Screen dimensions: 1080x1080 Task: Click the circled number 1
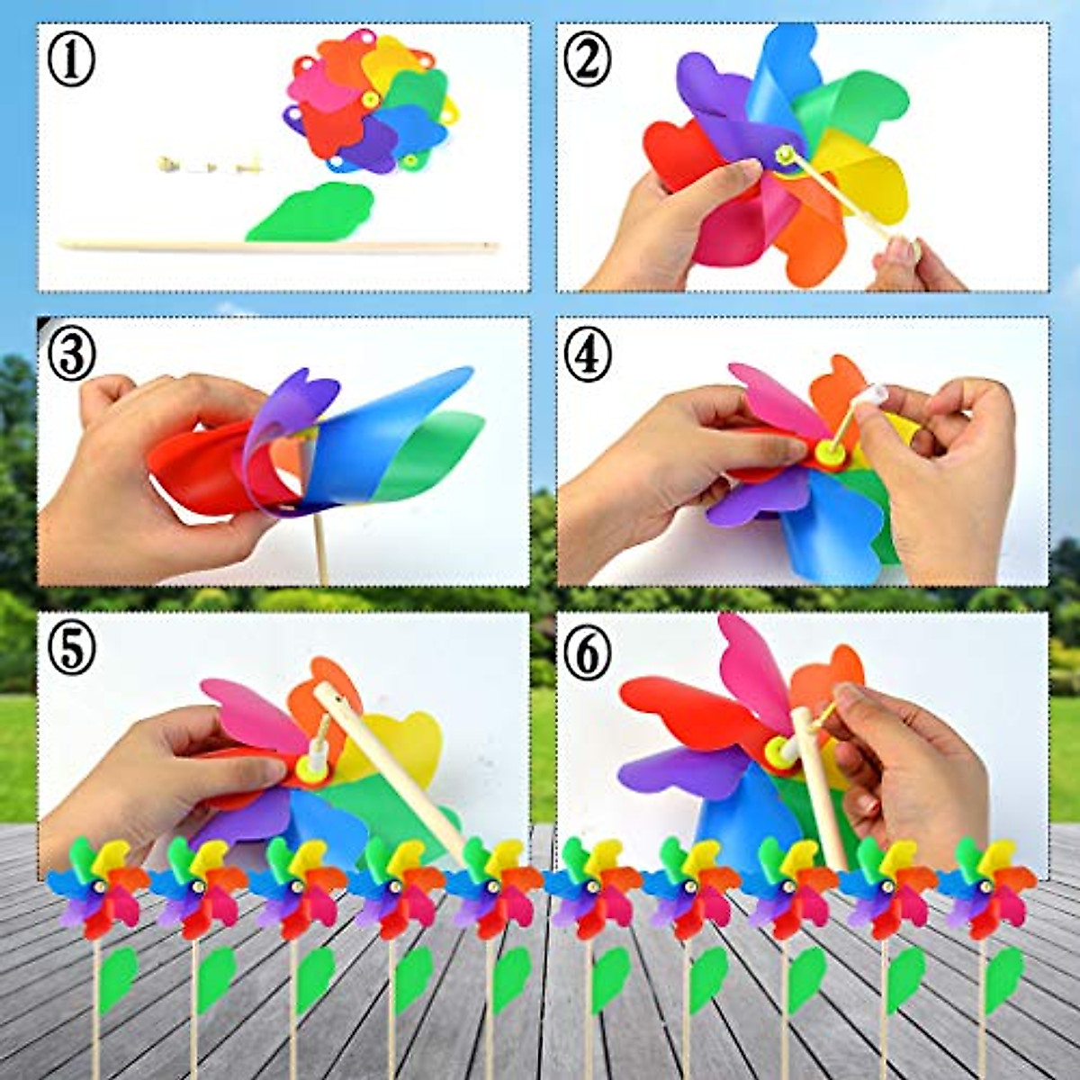click(x=70, y=62)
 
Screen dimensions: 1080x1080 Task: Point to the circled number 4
click(x=587, y=355)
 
